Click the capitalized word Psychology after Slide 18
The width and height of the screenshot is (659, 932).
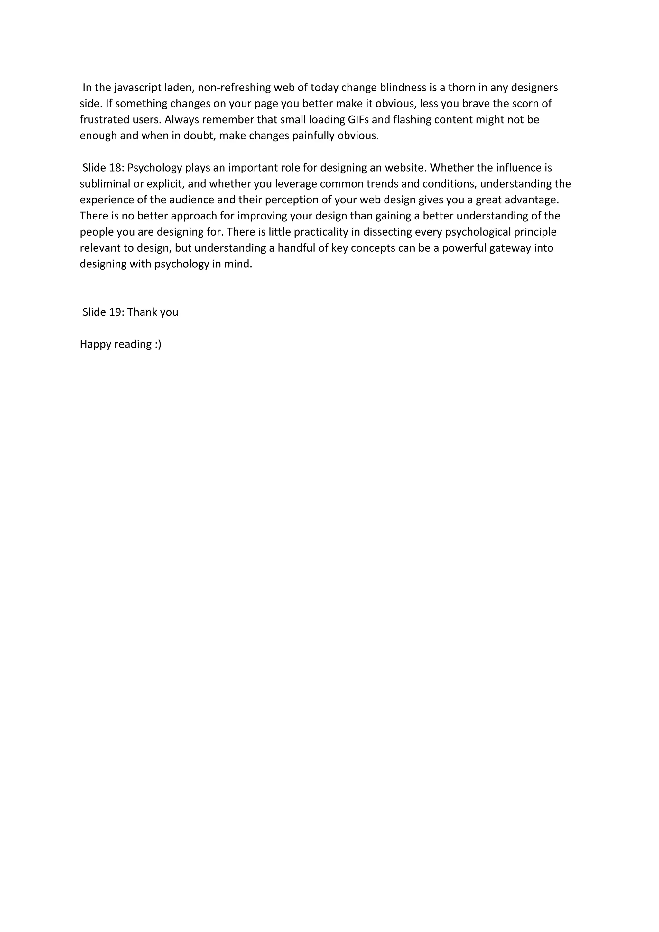click(x=154, y=168)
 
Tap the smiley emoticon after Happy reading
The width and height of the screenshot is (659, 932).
click(x=158, y=344)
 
